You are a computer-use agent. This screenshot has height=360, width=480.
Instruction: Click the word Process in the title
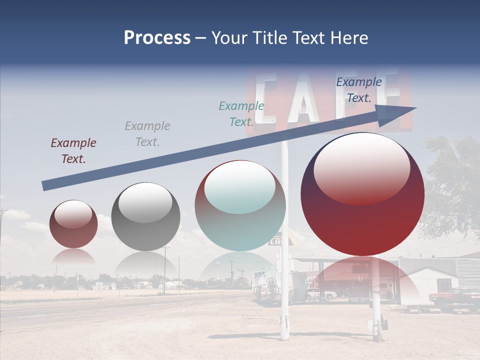pyautogui.click(x=157, y=38)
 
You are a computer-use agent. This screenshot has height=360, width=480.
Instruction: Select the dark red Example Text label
pyautogui.click(x=73, y=151)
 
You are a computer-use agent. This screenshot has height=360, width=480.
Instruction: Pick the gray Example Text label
pyautogui.click(x=147, y=134)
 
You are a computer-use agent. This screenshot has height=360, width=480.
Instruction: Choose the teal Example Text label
pyautogui.click(x=241, y=114)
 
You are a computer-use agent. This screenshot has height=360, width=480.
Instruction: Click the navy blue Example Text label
pyautogui.click(x=358, y=90)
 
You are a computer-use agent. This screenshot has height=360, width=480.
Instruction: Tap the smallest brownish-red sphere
pyautogui.click(x=73, y=224)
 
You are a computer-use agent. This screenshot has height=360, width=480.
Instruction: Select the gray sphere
pyautogui.click(x=145, y=216)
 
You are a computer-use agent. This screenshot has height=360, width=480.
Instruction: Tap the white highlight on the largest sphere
pyautogui.click(x=361, y=167)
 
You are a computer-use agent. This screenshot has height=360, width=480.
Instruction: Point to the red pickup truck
pyautogui.click(x=453, y=297)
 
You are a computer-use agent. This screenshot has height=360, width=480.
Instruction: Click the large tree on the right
pyautogui.click(x=452, y=185)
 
